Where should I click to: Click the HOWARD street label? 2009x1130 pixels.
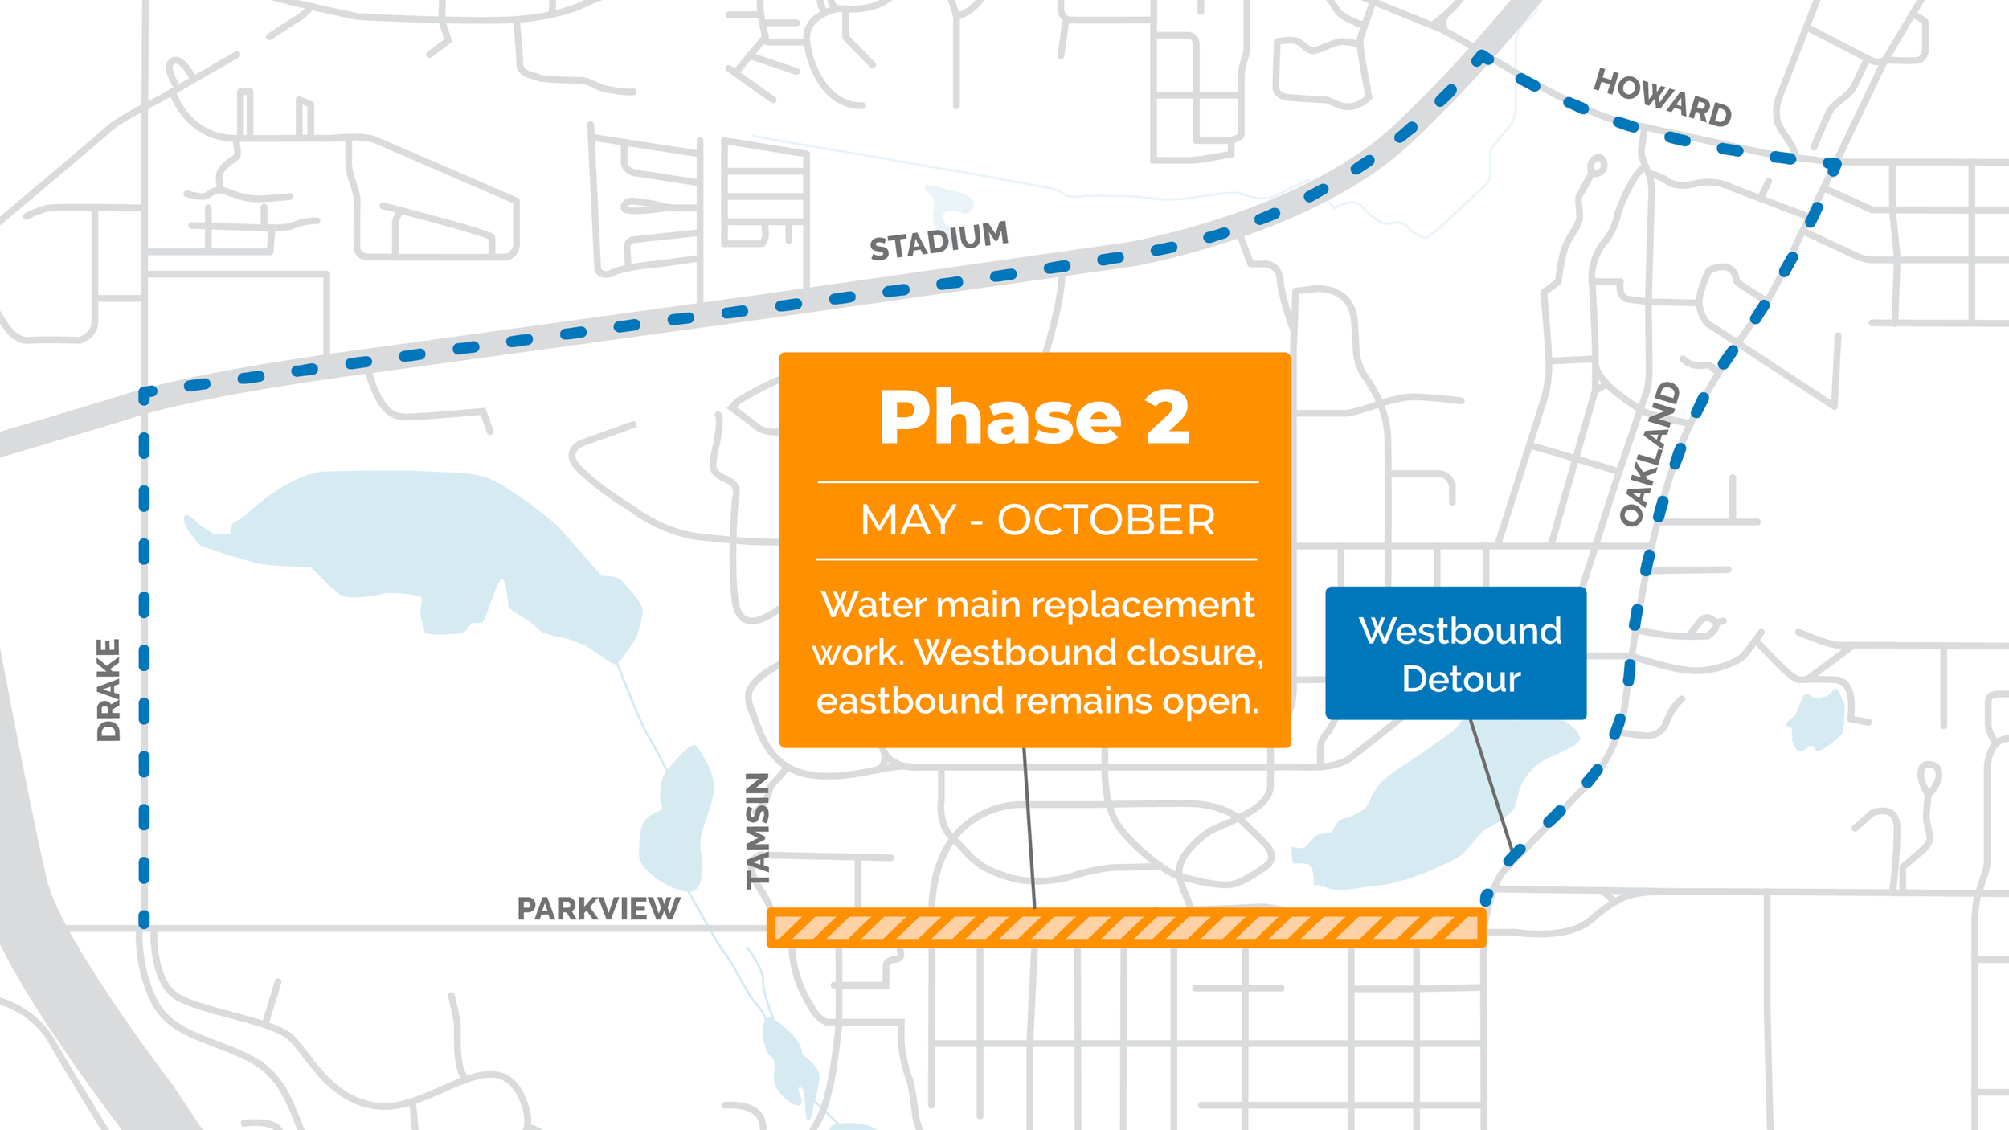(x=1662, y=98)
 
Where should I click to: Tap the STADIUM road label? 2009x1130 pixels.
(x=939, y=240)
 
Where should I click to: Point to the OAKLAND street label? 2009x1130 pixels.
(x=1649, y=454)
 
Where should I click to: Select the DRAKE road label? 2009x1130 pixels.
(x=108, y=690)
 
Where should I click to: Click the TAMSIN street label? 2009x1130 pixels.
(x=758, y=831)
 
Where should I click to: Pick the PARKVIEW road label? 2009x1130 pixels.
(x=598, y=909)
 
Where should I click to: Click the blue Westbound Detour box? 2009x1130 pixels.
(x=1455, y=653)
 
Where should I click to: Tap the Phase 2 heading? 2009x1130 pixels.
(x=1034, y=417)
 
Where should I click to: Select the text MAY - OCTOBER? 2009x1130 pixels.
(x=1037, y=520)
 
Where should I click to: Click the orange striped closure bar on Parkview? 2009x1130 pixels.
(x=1125, y=928)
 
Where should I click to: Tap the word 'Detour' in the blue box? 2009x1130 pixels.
(x=1461, y=679)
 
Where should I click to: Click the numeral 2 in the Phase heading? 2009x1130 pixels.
(x=1167, y=417)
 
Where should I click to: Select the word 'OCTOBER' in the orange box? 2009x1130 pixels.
(x=1106, y=520)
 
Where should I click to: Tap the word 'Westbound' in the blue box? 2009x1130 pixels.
(x=1460, y=631)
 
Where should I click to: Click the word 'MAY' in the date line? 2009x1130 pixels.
(x=908, y=520)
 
